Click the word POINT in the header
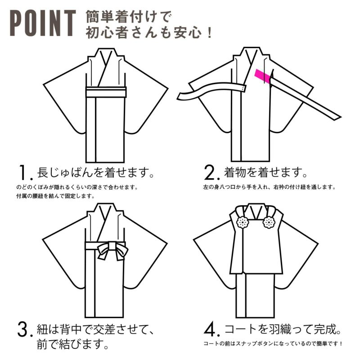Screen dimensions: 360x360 [43, 23]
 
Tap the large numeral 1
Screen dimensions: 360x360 [24, 173]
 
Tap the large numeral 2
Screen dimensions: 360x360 [210, 173]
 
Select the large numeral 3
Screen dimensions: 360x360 [24, 330]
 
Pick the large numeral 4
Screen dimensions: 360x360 [210, 330]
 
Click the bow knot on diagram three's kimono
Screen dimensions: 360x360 [112, 251]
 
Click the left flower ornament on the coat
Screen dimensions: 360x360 [243, 222]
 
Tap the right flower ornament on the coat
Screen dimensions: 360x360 [269, 222]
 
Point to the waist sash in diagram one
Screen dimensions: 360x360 [106, 92]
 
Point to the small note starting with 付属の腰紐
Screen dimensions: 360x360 [55, 196]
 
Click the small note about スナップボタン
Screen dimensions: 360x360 [273, 344]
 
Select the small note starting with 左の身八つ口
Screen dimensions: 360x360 [270, 187]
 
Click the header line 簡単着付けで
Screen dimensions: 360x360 [129, 17]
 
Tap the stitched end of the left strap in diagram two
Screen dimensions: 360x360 [243, 88]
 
